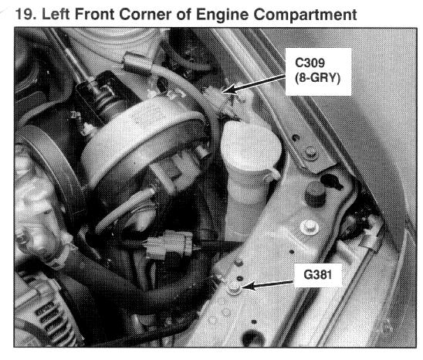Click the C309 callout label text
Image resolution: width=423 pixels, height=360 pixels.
click(x=310, y=63)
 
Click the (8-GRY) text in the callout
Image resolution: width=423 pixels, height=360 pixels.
click(x=317, y=78)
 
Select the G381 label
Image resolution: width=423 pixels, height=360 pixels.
click(x=317, y=275)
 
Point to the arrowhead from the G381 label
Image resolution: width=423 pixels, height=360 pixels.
click(x=249, y=286)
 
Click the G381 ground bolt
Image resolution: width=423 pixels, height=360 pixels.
click(x=234, y=288)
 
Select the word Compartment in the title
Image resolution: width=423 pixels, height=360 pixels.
click(x=305, y=15)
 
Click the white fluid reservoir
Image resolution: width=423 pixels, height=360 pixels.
click(x=249, y=162)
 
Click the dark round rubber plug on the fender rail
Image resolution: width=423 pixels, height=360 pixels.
click(x=315, y=194)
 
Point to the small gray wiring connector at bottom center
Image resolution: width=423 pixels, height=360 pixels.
click(x=168, y=245)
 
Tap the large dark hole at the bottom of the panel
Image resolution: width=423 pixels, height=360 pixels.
click(x=252, y=338)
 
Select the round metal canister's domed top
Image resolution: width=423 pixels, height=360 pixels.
click(x=143, y=138)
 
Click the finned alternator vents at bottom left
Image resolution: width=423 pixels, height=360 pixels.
click(x=50, y=319)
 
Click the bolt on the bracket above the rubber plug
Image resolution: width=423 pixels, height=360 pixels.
click(x=310, y=153)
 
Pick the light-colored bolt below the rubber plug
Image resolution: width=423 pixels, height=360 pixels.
click(x=310, y=227)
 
